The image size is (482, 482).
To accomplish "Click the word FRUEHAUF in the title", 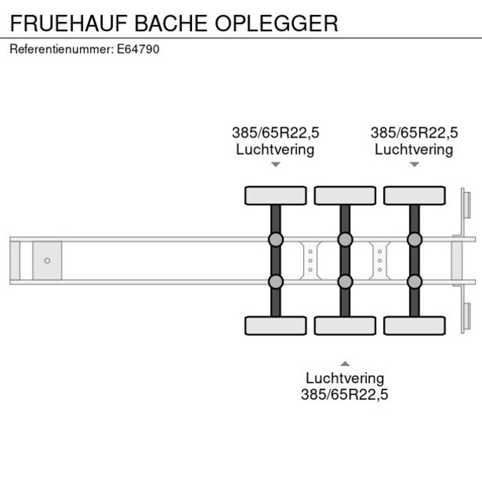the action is (69, 23).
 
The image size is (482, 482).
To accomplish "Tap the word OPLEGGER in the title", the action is (276, 23).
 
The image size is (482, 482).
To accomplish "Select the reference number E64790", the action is (138, 49).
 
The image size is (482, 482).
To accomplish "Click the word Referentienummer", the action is (61, 49).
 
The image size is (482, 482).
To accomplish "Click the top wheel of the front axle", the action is (276, 195).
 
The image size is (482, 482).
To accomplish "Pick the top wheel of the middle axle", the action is (345, 195).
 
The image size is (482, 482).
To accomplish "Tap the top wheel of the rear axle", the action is (414, 195).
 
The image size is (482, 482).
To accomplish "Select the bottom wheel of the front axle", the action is (276, 326).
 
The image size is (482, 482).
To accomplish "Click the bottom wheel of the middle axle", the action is (345, 326).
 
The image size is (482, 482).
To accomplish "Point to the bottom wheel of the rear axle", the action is (414, 326).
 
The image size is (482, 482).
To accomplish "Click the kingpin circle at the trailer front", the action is (47, 260).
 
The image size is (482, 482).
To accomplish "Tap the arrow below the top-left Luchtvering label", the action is (276, 165).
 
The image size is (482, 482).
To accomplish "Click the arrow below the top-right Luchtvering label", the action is (414, 165).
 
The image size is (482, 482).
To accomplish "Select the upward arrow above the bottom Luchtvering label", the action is (345, 364).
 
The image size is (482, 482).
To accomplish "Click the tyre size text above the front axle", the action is (276, 133).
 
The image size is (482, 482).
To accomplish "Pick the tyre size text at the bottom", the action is (344, 394).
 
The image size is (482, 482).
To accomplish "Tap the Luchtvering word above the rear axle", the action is (414, 149).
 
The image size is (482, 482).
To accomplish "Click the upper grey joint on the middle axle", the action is (345, 239).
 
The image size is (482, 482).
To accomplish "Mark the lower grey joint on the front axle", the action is (276, 281).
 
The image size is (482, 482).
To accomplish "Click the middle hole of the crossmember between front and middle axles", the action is (310, 260).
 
